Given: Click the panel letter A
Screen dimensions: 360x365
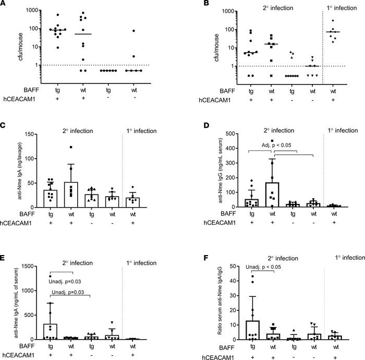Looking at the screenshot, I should pos(4,4).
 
